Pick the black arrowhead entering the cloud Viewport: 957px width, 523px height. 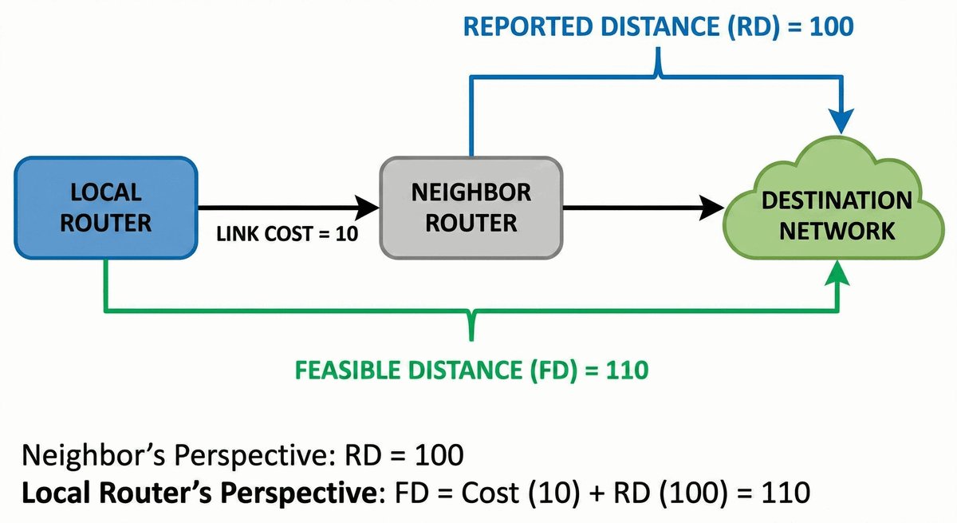[712, 208]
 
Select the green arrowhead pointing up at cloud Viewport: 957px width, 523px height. [839, 275]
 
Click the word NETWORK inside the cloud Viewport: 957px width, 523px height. [837, 231]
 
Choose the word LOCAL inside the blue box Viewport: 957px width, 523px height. [105, 192]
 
